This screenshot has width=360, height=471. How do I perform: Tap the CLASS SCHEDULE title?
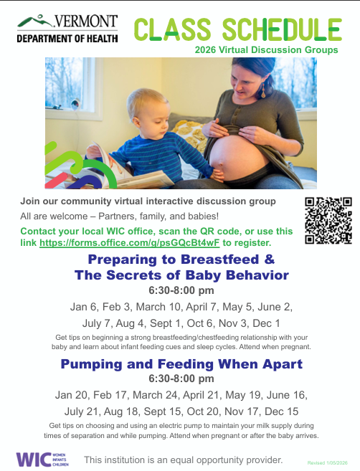click(237, 28)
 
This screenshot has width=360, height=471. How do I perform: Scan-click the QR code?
click(328, 220)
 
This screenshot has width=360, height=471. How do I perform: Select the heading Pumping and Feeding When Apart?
click(181, 364)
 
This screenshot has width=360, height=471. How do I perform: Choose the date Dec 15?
click(283, 411)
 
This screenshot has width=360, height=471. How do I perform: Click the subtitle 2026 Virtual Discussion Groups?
click(265, 50)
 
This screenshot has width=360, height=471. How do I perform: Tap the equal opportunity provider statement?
click(184, 459)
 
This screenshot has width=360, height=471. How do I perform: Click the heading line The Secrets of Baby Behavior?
click(181, 275)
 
